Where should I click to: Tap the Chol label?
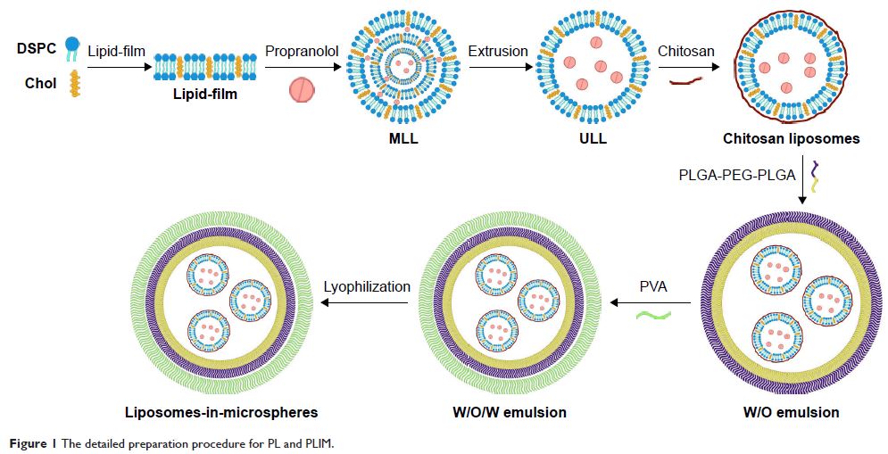click(40, 84)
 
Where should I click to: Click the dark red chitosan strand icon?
click(685, 81)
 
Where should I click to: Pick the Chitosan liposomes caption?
click(792, 139)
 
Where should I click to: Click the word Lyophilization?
click(367, 286)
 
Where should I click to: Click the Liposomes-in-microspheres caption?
click(222, 412)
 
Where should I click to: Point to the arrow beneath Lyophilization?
click(366, 303)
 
